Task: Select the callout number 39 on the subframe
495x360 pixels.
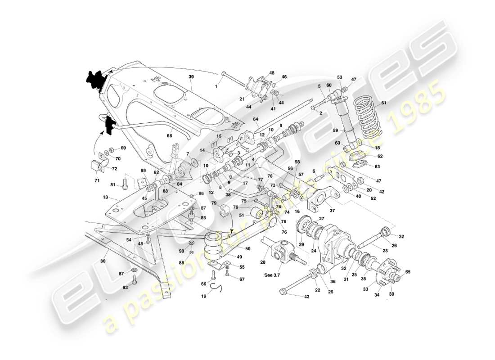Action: click(x=191, y=77)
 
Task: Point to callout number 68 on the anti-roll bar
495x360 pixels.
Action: click(x=169, y=135)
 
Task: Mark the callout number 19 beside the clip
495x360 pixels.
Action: click(x=204, y=297)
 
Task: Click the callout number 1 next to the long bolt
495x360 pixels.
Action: click(x=216, y=86)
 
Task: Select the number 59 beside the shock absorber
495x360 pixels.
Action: click(x=335, y=131)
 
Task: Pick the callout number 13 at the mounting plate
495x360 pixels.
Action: click(x=105, y=197)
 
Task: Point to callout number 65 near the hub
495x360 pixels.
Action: click(x=408, y=272)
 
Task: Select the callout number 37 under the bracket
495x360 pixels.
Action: click(x=332, y=210)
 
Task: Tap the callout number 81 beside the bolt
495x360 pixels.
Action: click(x=112, y=184)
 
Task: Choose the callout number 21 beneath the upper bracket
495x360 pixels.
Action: click(x=242, y=99)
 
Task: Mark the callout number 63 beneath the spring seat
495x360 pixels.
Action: click(x=377, y=166)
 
